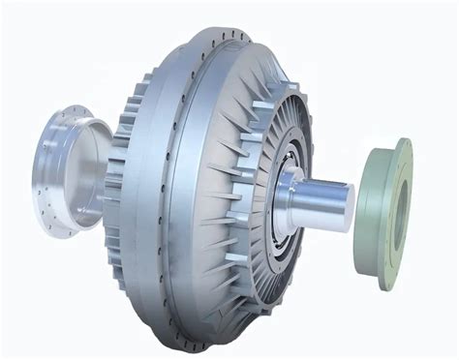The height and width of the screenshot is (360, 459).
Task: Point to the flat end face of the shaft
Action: (346, 206)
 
